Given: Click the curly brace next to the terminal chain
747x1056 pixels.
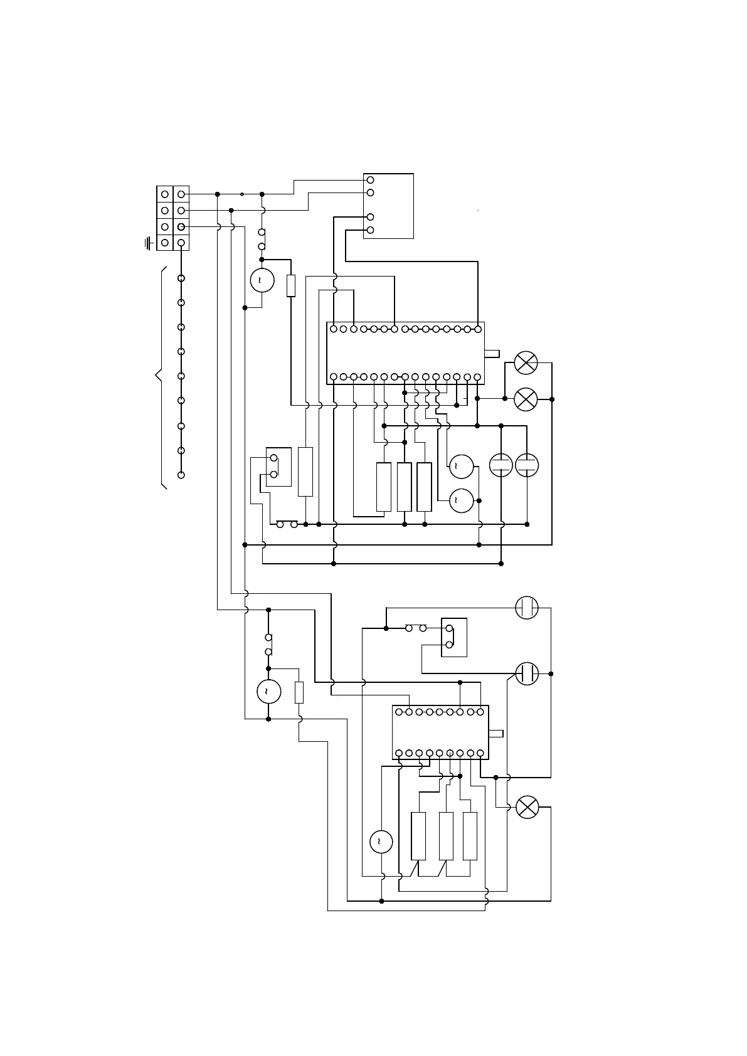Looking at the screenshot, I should click(160, 376).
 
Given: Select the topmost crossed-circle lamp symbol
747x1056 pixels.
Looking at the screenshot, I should click(526, 362).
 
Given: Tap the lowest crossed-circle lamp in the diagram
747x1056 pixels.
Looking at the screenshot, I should click(527, 807).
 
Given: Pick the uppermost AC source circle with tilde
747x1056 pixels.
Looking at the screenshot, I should click(262, 280).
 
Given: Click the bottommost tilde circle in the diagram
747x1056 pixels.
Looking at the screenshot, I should click(381, 842).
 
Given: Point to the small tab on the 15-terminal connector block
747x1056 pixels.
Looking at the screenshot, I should click(492, 354).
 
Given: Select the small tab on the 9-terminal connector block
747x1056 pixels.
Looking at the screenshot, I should click(495, 734).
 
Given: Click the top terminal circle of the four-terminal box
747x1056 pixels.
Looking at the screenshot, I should click(370, 180).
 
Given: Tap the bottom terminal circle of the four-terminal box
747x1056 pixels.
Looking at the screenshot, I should click(370, 230).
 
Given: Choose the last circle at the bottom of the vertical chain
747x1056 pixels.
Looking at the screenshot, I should click(181, 475).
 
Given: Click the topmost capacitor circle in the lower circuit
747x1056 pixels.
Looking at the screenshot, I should click(527, 608).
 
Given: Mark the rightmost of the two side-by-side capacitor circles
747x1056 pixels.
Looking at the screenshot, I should click(527, 465).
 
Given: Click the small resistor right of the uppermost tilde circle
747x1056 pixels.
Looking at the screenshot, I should click(290, 285).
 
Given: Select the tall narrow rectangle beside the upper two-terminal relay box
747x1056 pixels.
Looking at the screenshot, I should click(305, 472).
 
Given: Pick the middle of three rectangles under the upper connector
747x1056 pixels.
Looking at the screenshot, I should click(405, 487).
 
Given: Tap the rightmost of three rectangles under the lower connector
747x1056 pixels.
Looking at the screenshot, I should click(470, 836).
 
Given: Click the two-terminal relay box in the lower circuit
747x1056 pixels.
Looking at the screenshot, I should click(454, 638).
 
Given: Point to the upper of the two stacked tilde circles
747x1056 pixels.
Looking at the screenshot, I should click(461, 465).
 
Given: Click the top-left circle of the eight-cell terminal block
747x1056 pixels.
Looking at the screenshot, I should click(164, 194).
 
